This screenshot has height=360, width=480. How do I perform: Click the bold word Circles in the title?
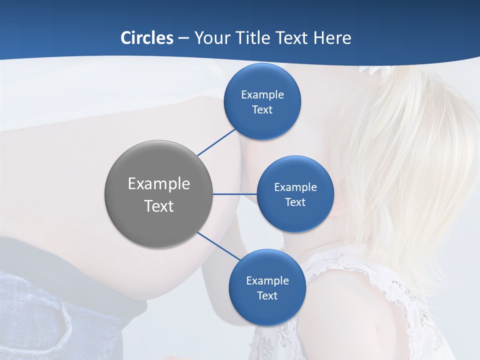pyautogui.click(x=147, y=38)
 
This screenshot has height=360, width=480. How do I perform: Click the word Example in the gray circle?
pyautogui.click(x=158, y=184)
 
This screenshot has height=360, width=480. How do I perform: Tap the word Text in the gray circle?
pyautogui.click(x=158, y=206)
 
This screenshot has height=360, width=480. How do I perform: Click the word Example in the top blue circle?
pyautogui.click(x=262, y=95)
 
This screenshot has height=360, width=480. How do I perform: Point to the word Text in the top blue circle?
pyautogui.click(x=262, y=109)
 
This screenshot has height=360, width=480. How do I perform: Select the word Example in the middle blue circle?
pyautogui.click(x=295, y=187)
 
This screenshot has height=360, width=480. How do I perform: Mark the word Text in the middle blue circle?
pyautogui.click(x=295, y=202)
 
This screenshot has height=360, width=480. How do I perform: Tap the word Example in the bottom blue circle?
pyautogui.click(x=267, y=281)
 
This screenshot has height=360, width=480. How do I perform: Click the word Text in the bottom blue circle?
pyautogui.click(x=267, y=295)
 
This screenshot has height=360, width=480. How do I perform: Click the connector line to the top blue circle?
pyautogui.click(x=216, y=142)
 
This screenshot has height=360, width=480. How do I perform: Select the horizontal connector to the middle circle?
pyautogui.click(x=234, y=194)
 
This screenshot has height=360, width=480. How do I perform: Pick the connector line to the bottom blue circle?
pyautogui.click(x=218, y=246)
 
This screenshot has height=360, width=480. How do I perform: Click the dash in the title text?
pyautogui.click(x=183, y=38)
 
